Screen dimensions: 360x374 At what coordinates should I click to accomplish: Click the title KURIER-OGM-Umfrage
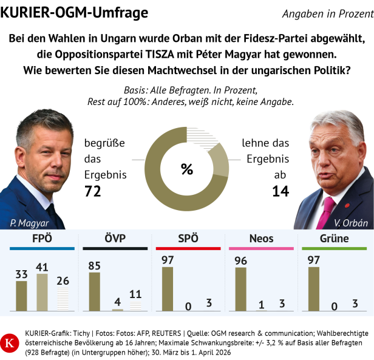(x=74, y=12)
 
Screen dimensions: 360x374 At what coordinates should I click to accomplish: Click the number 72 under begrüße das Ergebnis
(x=93, y=192)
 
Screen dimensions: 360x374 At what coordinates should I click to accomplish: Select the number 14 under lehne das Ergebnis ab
(x=280, y=192)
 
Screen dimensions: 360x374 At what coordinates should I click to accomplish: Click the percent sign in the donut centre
(x=186, y=169)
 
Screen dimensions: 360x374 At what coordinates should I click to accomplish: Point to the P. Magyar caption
(x=30, y=222)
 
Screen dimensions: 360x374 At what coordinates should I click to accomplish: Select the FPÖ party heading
(x=42, y=238)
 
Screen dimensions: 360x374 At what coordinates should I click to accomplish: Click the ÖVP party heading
(x=115, y=238)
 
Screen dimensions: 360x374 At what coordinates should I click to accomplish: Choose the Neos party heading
(x=261, y=238)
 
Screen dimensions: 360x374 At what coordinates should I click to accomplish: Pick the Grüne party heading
(x=334, y=238)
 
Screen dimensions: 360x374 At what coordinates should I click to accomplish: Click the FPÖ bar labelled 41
(x=42, y=293)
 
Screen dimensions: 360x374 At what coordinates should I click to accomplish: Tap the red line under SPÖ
(x=188, y=249)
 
